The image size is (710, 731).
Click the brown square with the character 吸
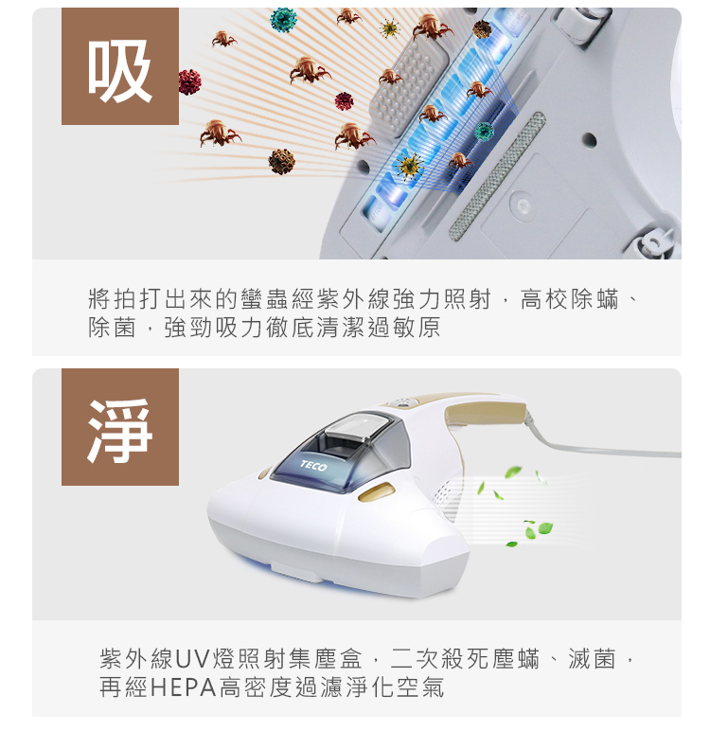[120, 66]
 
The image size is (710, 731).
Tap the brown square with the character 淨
[120, 427]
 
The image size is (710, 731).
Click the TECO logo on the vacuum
[313, 465]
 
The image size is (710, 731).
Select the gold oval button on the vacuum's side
[376, 491]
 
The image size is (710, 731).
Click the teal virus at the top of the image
[283, 20]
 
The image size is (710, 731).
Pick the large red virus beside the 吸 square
[189, 82]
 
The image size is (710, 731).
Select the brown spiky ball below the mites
[281, 161]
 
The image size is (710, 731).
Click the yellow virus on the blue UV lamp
[408, 166]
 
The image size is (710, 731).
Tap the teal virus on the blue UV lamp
[484, 131]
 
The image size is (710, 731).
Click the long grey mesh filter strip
[497, 176]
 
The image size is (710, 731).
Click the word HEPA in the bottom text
[184, 687]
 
